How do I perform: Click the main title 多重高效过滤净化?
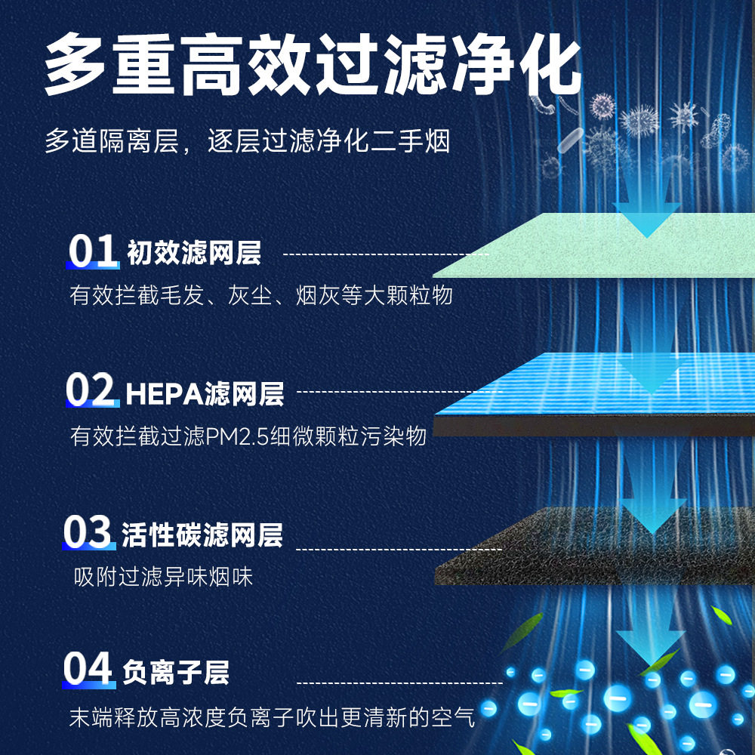[x=313, y=64]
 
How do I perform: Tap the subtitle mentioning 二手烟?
[x=247, y=141]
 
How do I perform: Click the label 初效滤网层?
[x=193, y=253]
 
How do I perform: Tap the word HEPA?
[x=165, y=394]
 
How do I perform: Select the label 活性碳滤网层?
[x=202, y=535]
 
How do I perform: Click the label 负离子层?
[x=175, y=673]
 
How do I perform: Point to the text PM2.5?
[x=237, y=436]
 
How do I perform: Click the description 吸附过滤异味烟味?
[x=163, y=576]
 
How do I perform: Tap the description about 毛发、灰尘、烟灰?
[x=261, y=294]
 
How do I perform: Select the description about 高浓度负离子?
[x=272, y=717]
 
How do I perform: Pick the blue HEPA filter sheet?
[x=595, y=393]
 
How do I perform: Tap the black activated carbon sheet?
[x=595, y=547]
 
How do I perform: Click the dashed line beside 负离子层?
[x=399, y=683]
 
